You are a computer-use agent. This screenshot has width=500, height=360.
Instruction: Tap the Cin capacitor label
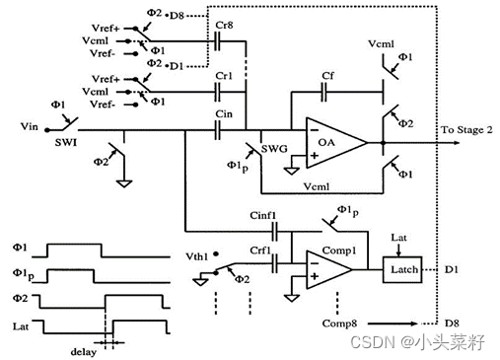pos(225,114)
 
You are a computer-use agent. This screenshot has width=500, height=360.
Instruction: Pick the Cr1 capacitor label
pos(224,75)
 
